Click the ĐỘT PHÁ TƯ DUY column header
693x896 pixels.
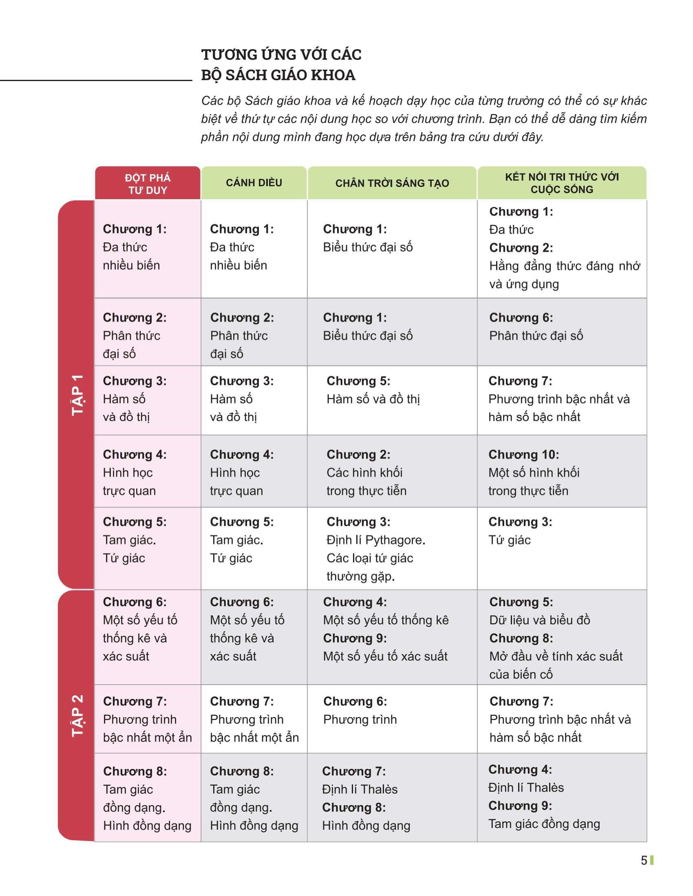(148, 183)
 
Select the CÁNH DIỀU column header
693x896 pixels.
(254, 183)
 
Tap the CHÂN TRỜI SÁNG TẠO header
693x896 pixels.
(392, 183)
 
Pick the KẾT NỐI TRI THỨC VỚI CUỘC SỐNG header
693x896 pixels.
(562, 183)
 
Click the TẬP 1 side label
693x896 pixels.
(77, 395)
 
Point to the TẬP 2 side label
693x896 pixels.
(77, 716)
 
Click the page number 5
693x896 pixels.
(644, 860)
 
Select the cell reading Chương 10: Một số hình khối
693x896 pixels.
(562, 472)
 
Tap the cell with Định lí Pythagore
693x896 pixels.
(392, 549)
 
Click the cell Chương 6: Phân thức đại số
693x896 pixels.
(562, 332)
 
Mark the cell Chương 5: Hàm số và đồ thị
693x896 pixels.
(392, 400)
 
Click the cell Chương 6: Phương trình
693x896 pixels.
(392, 719)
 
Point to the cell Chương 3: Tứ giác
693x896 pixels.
(562, 549)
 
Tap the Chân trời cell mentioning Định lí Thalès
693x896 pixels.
(392, 797)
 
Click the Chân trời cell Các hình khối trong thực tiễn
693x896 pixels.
(392, 472)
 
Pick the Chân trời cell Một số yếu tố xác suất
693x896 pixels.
(392, 637)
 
